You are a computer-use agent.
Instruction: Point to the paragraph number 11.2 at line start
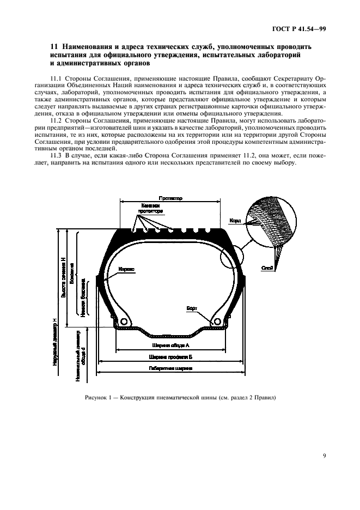[x=56, y=120]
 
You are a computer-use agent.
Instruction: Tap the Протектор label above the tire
[x=170, y=199]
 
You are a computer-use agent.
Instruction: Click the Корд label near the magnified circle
[x=235, y=221]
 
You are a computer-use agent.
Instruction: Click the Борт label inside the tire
[x=192, y=308]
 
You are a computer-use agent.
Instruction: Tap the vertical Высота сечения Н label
[x=63, y=277]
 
